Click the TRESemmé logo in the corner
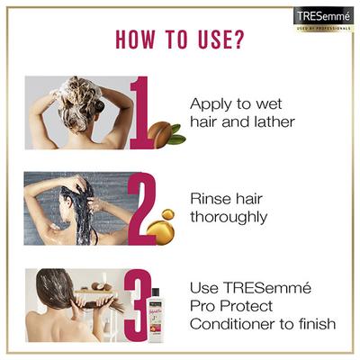pyautogui.click(x=324, y=18)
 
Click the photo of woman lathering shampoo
pyautogui.click(x=76, y=112)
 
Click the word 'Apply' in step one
pyautogui.click(x=211, y=103)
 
